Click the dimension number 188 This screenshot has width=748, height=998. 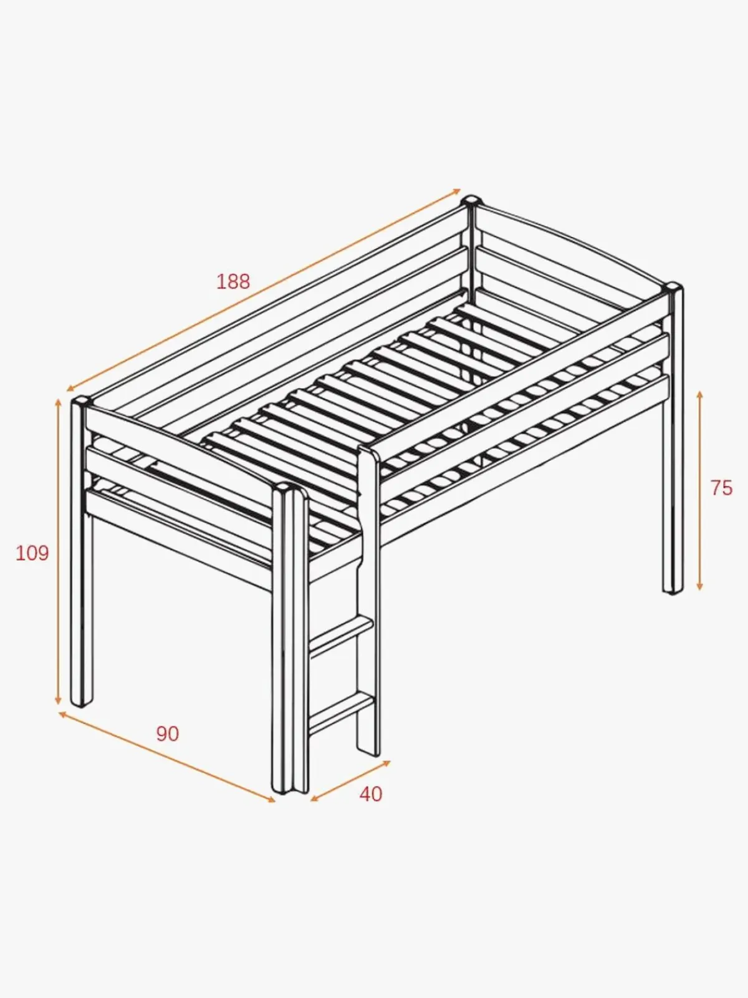point(233,282)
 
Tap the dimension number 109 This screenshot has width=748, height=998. point(32,553)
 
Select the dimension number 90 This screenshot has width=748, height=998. point(168,734)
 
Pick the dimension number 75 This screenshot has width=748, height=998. point(722,488)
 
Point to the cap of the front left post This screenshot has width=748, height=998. point(82,402)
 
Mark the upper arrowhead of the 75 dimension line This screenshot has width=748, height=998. point(700,395)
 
